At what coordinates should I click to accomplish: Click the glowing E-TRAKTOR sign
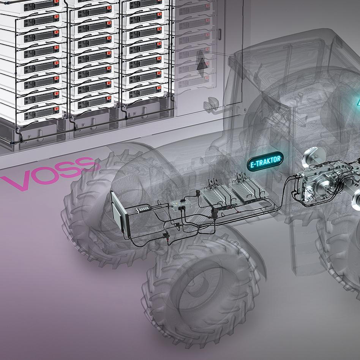coord(265,161)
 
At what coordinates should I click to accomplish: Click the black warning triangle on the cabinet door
coord(202,64)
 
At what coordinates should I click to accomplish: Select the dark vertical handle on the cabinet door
coord(220,35)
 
